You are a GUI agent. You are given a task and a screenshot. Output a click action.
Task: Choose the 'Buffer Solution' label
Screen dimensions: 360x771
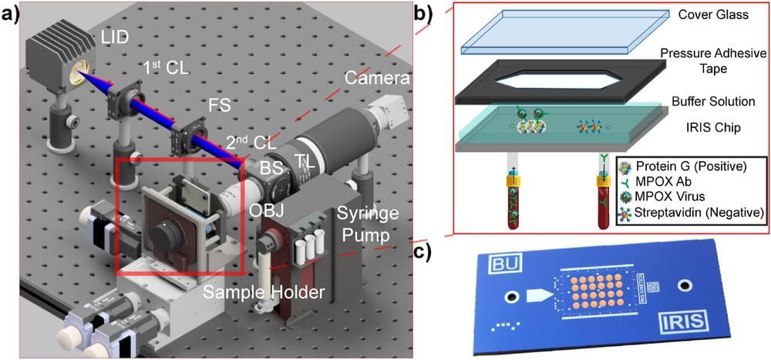coord(712,102)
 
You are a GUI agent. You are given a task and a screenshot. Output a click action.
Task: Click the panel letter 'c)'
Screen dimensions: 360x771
coord(445,252)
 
